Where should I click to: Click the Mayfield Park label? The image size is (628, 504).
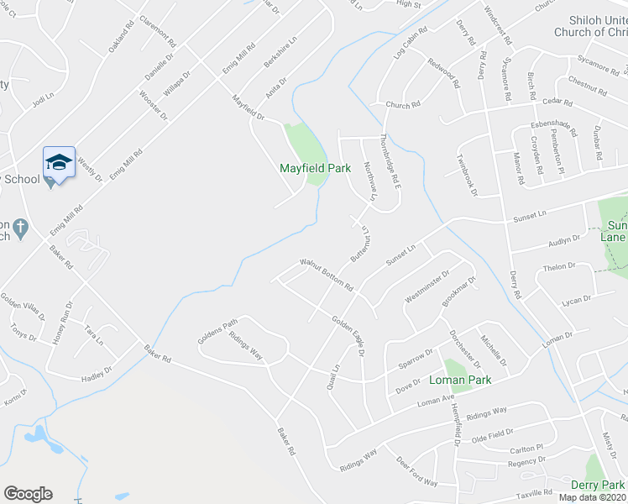(315, 168)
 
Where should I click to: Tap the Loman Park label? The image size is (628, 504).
(459, 380)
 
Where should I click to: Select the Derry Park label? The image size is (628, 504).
(597, 485)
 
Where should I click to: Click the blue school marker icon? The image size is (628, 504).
(59, 162)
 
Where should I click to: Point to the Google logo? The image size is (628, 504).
(28, 494)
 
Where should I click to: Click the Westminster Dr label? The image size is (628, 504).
(428, 286)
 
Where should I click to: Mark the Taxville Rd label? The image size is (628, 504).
(535, 493)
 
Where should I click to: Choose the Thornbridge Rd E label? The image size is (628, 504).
(388, 159)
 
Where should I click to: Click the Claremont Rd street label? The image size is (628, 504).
(159, 30)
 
